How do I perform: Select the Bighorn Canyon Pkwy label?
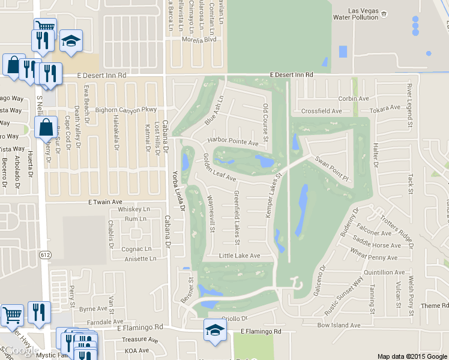pyautogui.click(x=125, y=110)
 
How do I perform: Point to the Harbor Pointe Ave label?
pyautogui.click(x=232, y=142)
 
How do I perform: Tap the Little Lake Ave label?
pyautogui.click(x=240, y=256)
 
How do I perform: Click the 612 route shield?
pyautogui.click(x=46, y=254)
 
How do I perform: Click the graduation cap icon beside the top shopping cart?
pyautogui.click(x=71, y=41)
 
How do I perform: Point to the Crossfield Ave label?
pyautogui.click(x=321, y=111)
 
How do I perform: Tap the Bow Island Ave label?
pyautogui.click(x=339, y=325)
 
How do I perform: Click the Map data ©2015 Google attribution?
pyautogui.click(x=412, y=356)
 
